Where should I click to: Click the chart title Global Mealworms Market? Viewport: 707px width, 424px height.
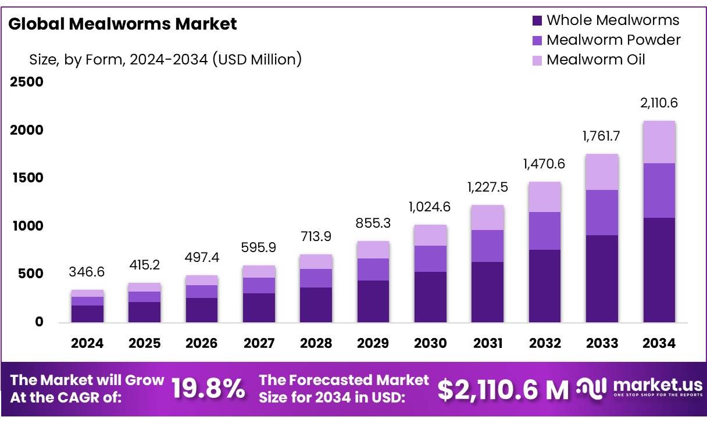tap(123, 24)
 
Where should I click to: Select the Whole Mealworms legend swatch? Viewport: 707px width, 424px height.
tap(537, 20)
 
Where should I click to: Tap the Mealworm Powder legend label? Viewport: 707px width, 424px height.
tap(613, 40)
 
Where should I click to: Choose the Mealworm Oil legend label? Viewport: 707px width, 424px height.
tap(596, 60)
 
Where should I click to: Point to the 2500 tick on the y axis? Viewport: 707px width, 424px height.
tap(27, 82)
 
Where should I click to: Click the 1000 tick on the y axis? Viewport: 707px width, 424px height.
tap(27, 226)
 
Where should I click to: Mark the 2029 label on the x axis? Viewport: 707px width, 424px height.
tap(373, 343)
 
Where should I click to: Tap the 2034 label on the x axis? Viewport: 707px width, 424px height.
tap(659, 343)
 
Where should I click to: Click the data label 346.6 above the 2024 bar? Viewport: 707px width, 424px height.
tap(87, 272)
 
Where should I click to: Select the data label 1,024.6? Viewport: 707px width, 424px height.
tap(430, 207)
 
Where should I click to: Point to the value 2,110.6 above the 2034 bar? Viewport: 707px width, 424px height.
tap(659, 103)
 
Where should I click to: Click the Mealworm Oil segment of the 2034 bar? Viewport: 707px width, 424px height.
tap(659, 142)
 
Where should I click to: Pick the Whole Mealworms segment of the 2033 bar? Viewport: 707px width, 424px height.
tap(602, 279)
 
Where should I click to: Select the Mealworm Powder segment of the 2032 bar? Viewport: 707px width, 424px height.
tap(545, 231)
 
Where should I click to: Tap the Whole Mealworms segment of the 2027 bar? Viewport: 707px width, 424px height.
tap(259, 308)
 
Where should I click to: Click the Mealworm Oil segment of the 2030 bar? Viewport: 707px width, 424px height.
tap(430, 235)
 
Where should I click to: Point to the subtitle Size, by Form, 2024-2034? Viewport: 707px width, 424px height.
tap(165, 59)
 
